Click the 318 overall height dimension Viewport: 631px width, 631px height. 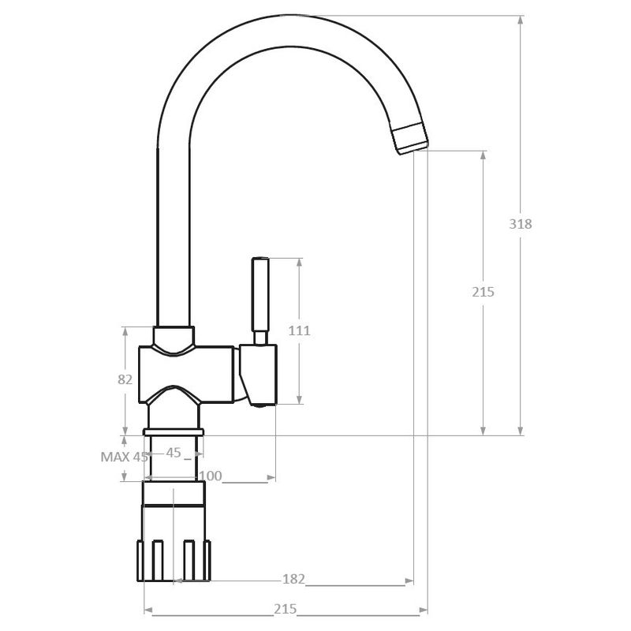(x=521, y=223)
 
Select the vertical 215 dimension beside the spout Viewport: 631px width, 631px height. (x=483, y=292)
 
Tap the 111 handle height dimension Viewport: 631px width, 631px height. (x=299, y=330)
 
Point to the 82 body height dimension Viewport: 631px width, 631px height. (x=125, y=379)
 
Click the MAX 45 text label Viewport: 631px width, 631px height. (x=125, y=456)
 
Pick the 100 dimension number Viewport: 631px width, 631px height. (x=211, y=476)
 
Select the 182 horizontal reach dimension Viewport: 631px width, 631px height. (x=293, y=580)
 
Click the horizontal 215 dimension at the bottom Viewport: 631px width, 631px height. (x=285, y=610)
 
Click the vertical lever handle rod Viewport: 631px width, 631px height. (x=259, y=296)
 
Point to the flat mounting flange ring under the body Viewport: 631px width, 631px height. (x=174, y=431)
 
